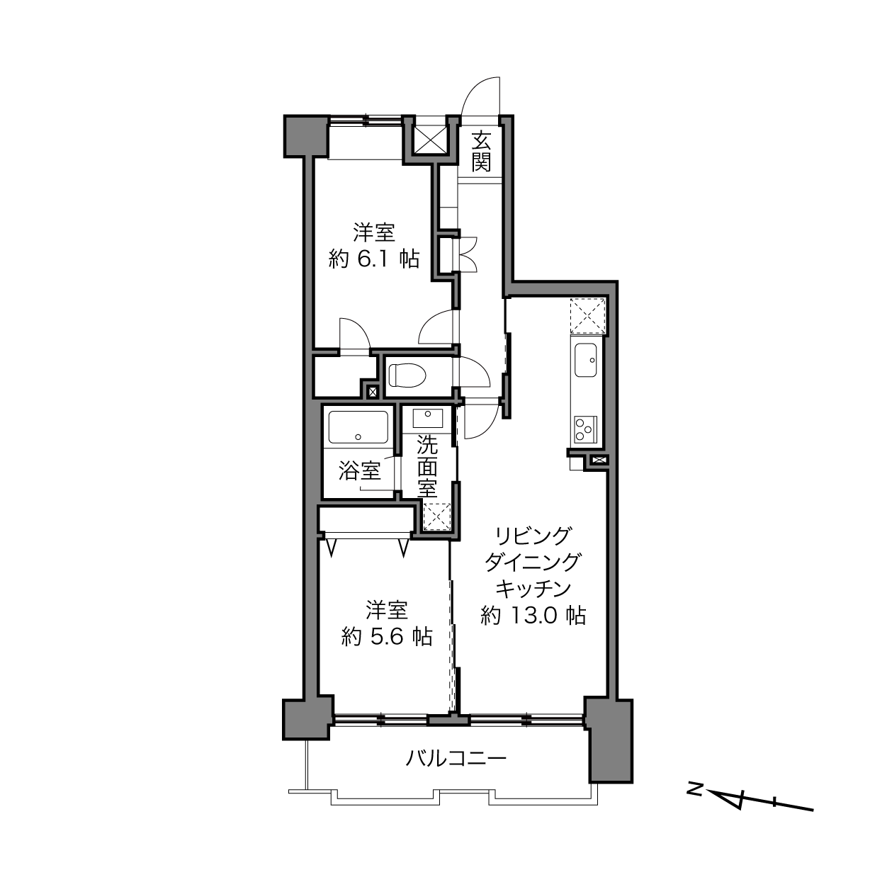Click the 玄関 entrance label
(480, 151)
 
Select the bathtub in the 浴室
(358, 427)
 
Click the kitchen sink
(585, 360)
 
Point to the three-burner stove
(585, 430)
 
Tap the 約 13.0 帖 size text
(533, 616)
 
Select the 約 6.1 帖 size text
(374, 259)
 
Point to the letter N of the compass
(693, 788)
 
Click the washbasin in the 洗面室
(428, 417)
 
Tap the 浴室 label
(359, 471)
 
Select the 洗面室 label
(428, 466)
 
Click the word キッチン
(533, 589)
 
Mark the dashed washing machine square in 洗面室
(436, 517)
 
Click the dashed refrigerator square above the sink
(587, 315)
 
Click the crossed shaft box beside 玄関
(430, 140)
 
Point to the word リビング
(533, 536)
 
